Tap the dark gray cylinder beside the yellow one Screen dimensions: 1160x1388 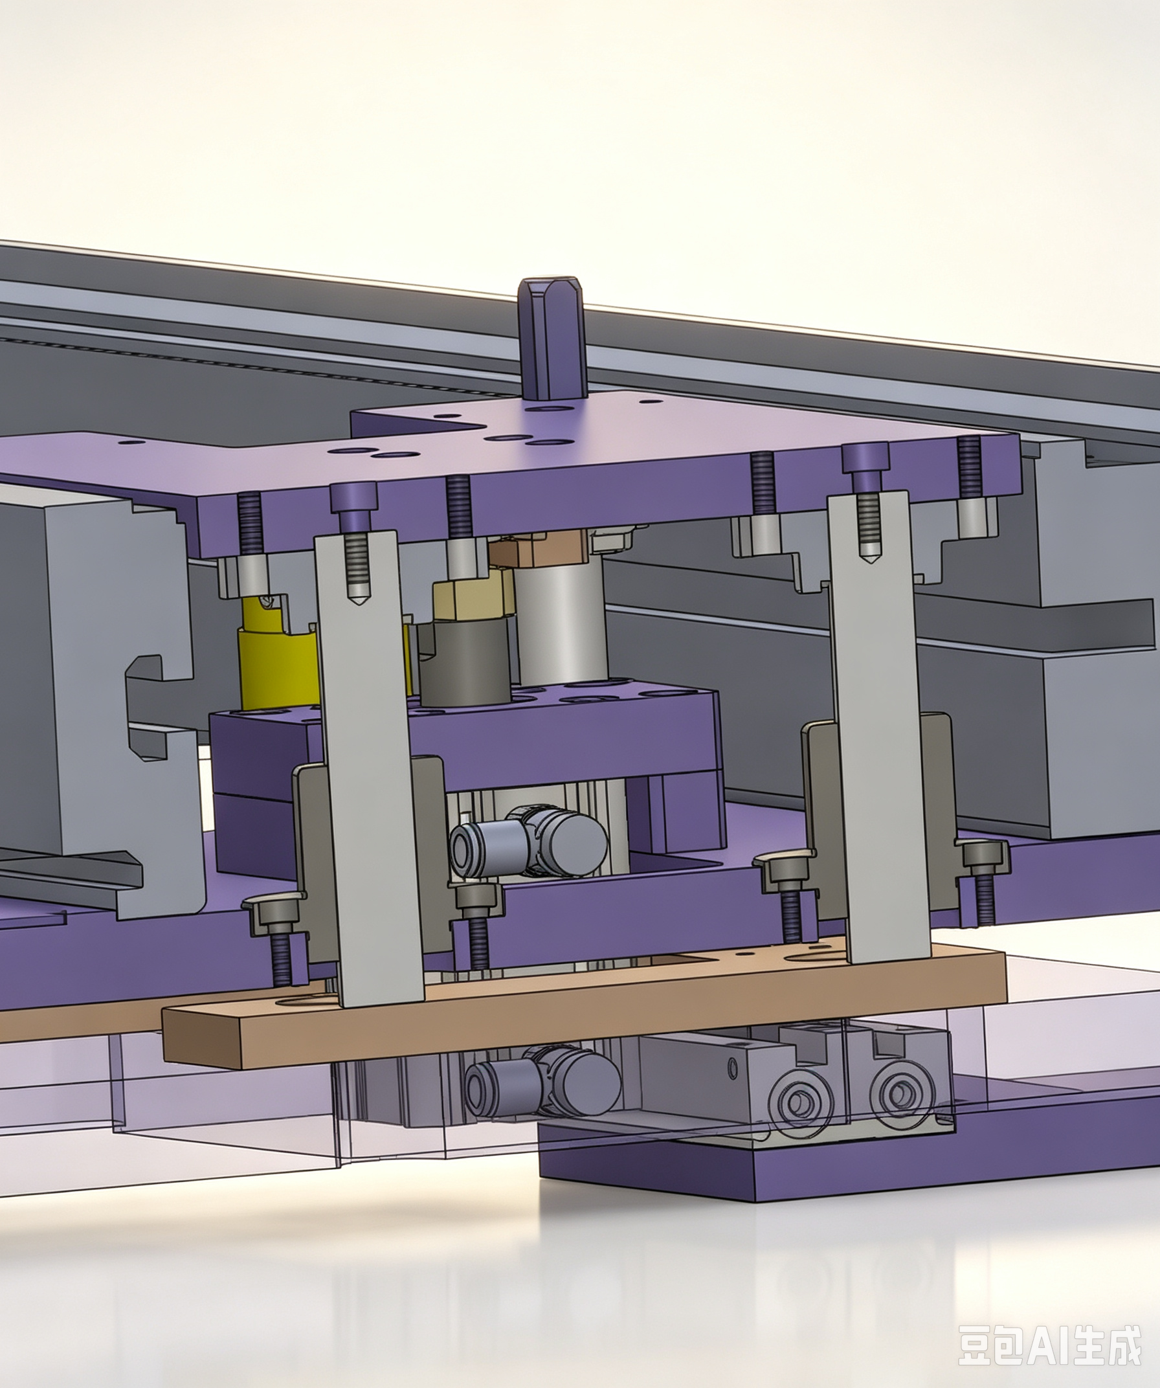pos(465,661)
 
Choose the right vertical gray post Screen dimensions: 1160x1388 pos(879,727)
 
